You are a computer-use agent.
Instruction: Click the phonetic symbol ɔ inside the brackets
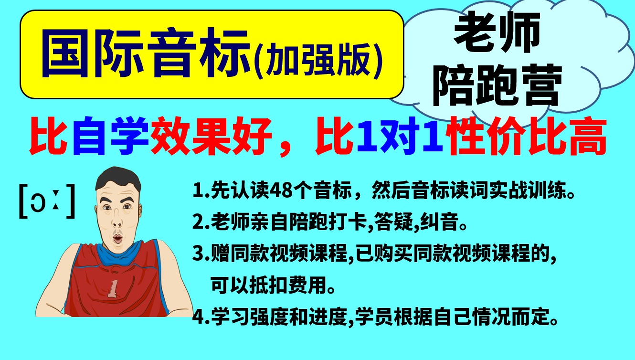[x=38, y=202]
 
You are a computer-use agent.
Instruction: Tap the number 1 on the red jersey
[x=113, y=289]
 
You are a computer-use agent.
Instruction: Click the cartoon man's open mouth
[x=117, y=239]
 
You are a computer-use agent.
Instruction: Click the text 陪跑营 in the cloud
[x=497, y=85]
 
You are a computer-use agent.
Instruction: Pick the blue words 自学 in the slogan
[x=111, y=136]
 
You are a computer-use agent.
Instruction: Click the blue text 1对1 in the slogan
[x=400, y=136]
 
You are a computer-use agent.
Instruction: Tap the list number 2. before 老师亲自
[x=201, y=222]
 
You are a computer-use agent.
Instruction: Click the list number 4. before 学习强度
[x=201, y=316]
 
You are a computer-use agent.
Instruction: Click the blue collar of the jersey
[x=119, y=253]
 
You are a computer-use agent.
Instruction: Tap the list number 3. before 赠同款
[x=201, y=253]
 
